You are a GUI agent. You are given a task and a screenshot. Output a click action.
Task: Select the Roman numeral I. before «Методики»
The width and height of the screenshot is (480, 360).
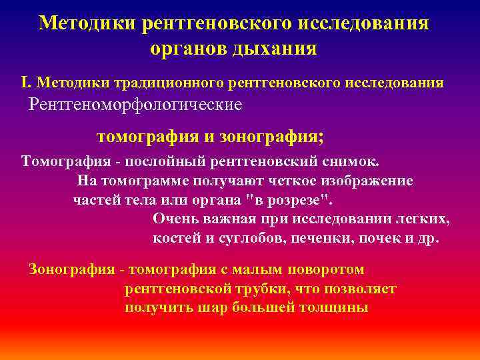26,82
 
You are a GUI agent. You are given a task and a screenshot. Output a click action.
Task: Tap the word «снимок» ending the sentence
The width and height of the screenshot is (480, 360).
353,161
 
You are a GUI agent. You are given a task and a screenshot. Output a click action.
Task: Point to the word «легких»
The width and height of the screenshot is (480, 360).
425,219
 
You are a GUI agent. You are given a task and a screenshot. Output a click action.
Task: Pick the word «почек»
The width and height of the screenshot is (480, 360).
391,239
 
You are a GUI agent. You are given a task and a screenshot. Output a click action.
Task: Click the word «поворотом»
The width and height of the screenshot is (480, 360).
327,269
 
